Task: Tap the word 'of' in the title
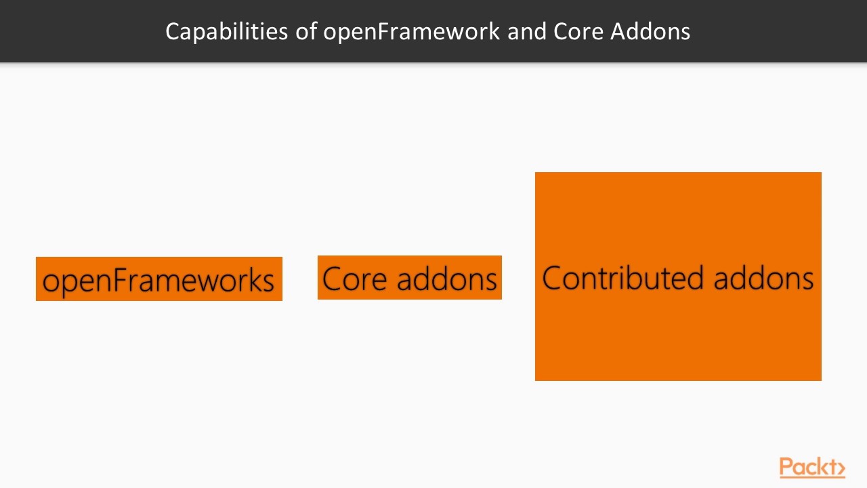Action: (307, 31)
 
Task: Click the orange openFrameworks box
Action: (158, 279)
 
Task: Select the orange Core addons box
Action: (409, 277)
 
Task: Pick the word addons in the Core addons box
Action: (447, 279)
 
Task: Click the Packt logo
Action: (811, 468)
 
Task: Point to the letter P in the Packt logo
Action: (786, 467)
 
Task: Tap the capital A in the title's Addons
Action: (618, 31)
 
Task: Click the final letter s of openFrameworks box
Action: (268, 281)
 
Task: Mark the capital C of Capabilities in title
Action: (173, 31)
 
